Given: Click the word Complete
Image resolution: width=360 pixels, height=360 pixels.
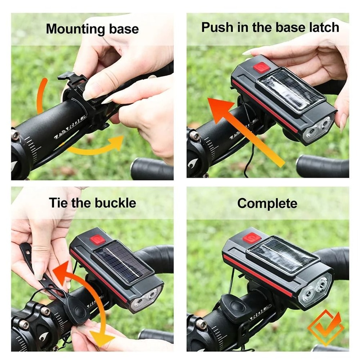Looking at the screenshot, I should [x=267, y=203].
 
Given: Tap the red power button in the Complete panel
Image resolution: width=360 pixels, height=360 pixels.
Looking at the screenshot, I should [x=251, y=238].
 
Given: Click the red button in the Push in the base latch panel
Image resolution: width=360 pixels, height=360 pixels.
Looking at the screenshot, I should [x=261, y=68].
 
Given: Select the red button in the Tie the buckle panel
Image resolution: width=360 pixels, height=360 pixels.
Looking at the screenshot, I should [x=97, y=240].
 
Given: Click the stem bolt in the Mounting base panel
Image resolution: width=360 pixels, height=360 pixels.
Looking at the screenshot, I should [x=15, y=135].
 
